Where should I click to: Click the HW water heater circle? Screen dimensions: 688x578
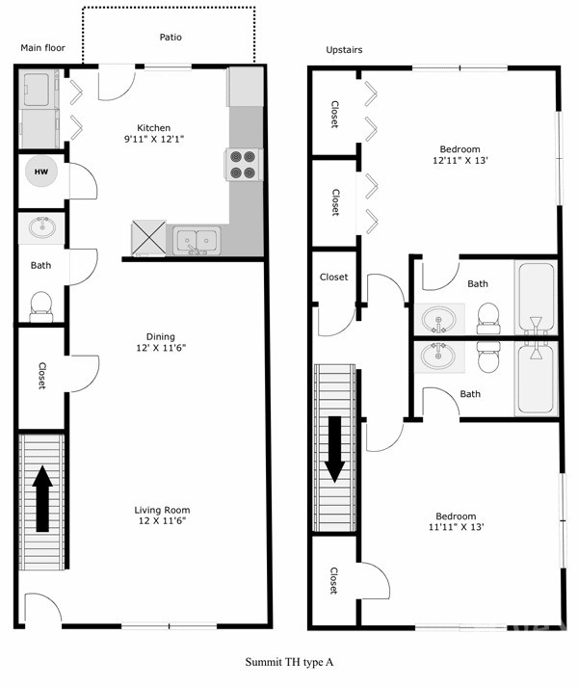tap(40, 173)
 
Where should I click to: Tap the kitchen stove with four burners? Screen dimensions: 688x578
tap(245, 164)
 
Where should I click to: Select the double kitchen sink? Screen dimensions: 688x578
tap(197, 241)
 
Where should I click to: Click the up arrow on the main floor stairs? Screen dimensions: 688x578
tap(42, 497)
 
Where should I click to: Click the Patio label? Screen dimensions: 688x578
tap(171, 38)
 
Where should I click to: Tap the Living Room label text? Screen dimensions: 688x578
tap(163, 510)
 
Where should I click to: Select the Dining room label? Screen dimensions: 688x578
tap(161, 336)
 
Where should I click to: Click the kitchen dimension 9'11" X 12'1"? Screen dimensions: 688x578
tap(154, 140)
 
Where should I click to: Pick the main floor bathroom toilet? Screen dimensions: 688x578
tap(40, 304)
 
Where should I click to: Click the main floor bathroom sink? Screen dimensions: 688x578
tap(41, 229)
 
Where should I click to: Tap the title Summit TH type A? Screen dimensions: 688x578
tap(289, 662)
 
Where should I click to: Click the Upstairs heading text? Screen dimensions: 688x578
tap(345, 50)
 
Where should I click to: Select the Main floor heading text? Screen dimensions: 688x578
tap(43, 47)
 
